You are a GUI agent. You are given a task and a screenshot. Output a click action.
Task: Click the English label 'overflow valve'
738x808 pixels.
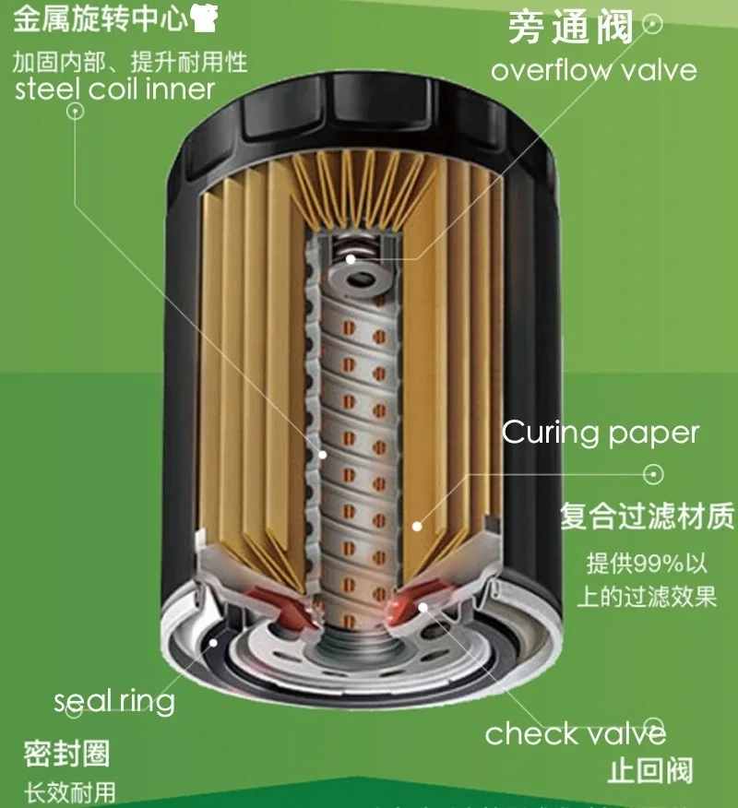pos(593,70)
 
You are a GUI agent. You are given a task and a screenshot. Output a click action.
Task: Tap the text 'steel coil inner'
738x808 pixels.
pos(115,89)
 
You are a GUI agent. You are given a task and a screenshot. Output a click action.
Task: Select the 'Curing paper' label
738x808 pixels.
pos(601,433)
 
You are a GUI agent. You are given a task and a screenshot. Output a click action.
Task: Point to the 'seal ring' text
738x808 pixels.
pos(114,702)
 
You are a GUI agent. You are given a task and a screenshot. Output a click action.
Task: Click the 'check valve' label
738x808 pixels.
pos(576,733)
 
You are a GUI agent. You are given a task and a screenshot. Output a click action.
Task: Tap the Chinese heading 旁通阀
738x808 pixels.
pos(571,28)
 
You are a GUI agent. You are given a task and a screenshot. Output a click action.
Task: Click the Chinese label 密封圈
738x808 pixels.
pos(66,754)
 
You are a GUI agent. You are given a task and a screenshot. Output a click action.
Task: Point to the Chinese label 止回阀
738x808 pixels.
pos(650,770)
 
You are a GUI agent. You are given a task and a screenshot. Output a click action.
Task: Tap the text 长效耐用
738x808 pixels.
pos(70,791)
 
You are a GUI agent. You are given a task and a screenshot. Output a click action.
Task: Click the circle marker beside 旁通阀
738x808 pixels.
pos(653,23)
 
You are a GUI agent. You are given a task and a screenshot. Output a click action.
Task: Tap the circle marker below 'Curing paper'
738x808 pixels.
pos(653,474)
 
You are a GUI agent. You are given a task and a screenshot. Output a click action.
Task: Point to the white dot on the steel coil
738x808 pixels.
pos(323,454)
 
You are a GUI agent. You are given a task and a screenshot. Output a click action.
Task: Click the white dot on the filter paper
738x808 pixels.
pos(417,527)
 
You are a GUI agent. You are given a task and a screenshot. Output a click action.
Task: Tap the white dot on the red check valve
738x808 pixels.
pos(423,606)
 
